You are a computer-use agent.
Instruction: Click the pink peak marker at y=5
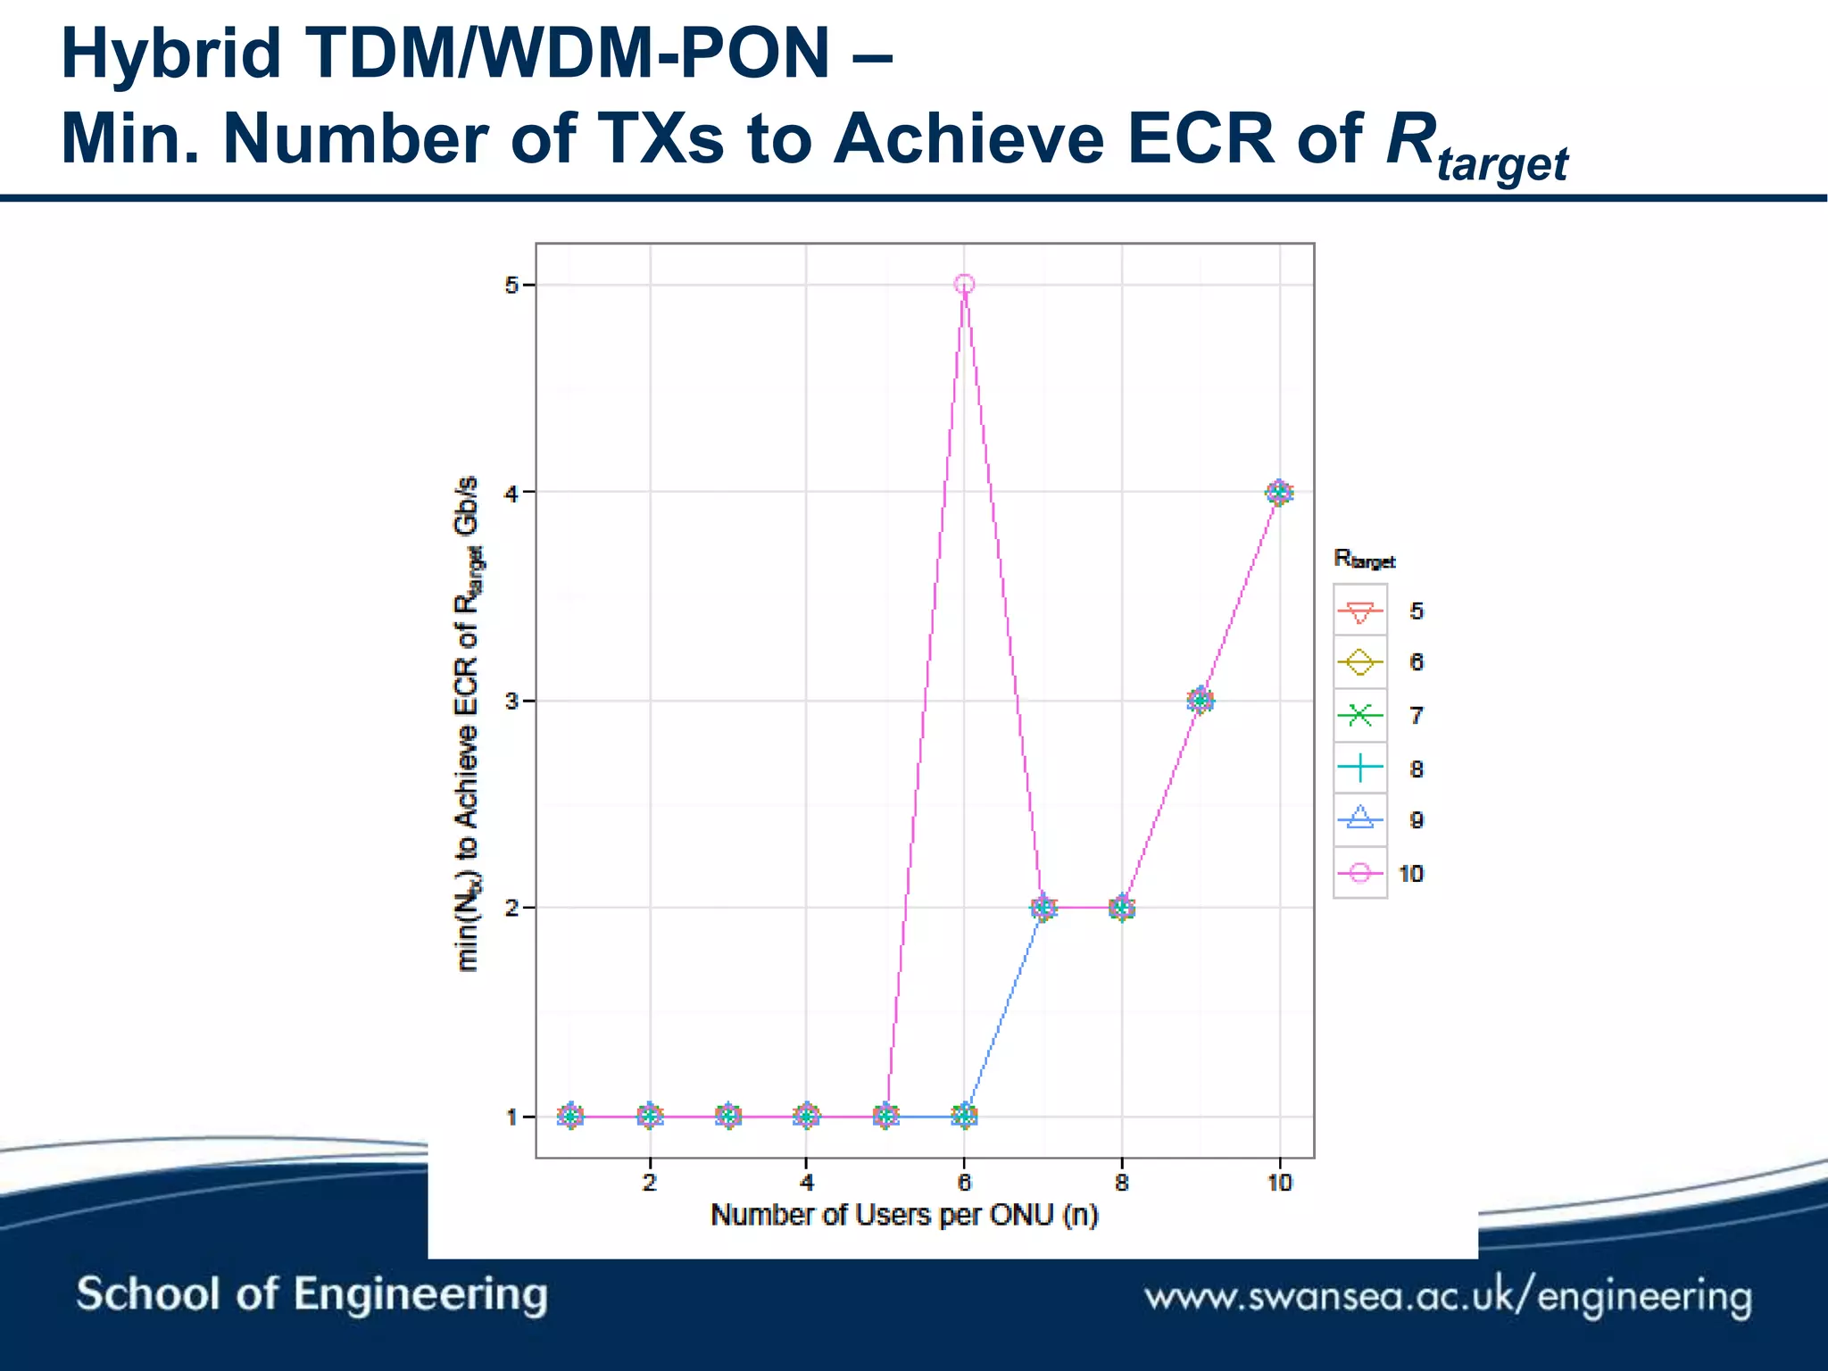(x=964, y=285)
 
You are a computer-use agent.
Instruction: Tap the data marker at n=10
(x=1279, y=492)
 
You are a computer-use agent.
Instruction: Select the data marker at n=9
(x=1201, y=701)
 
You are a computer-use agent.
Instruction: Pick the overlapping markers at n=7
(x=1043, y=908)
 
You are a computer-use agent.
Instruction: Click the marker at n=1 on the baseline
(x=571, y=1116)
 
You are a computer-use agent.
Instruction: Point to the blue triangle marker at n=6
(x=964, y=1115)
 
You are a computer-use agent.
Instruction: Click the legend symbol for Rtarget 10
(x=1359, y=873)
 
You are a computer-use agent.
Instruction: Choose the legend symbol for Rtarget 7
(x=1359, y=715)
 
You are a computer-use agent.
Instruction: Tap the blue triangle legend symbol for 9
(x=1359, y=818)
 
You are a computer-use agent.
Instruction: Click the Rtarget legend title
(x=1364, y=560)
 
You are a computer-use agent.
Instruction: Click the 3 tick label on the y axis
(x=511, y=701)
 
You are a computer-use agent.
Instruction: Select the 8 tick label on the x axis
(x=1122, y=1183)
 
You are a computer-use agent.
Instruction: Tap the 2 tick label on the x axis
(x=650, y=1183)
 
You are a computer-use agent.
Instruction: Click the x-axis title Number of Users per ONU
(x=903, y=1215)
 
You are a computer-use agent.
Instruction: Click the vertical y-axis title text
(x=467, y=723)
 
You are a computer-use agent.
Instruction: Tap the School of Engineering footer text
(x=312, y=1294)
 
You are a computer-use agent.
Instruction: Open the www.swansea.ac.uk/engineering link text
(x=1448, y=1297)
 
